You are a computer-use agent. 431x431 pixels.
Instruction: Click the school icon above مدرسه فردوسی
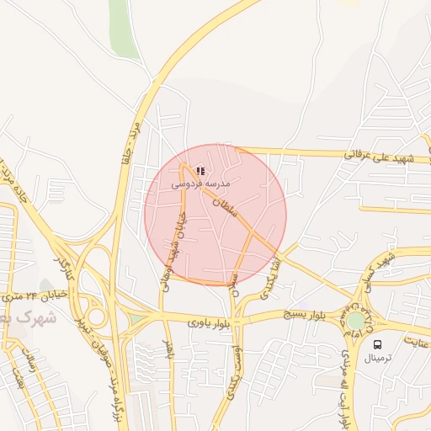point(200,171)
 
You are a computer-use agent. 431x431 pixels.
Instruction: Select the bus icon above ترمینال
point(377,345)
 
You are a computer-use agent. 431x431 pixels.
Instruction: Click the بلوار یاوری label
point(206,322)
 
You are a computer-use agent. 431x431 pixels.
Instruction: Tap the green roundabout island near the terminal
point(358,320)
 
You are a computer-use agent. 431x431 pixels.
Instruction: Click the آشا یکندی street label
point(269,278)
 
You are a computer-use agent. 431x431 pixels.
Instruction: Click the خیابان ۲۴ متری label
point(26,296)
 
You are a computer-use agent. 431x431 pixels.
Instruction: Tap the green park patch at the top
point(122,29)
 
